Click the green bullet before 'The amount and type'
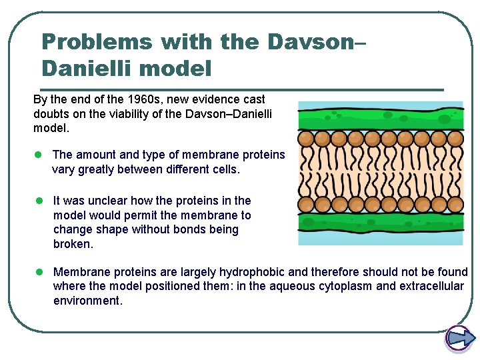(x=39, y=155)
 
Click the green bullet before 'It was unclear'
(x=39, y=200)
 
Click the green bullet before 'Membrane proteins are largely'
(x=39, y=272)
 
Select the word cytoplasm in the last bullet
(x=347, y=287)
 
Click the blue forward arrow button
(x=459, y=339)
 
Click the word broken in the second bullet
(x=72, y=244)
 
